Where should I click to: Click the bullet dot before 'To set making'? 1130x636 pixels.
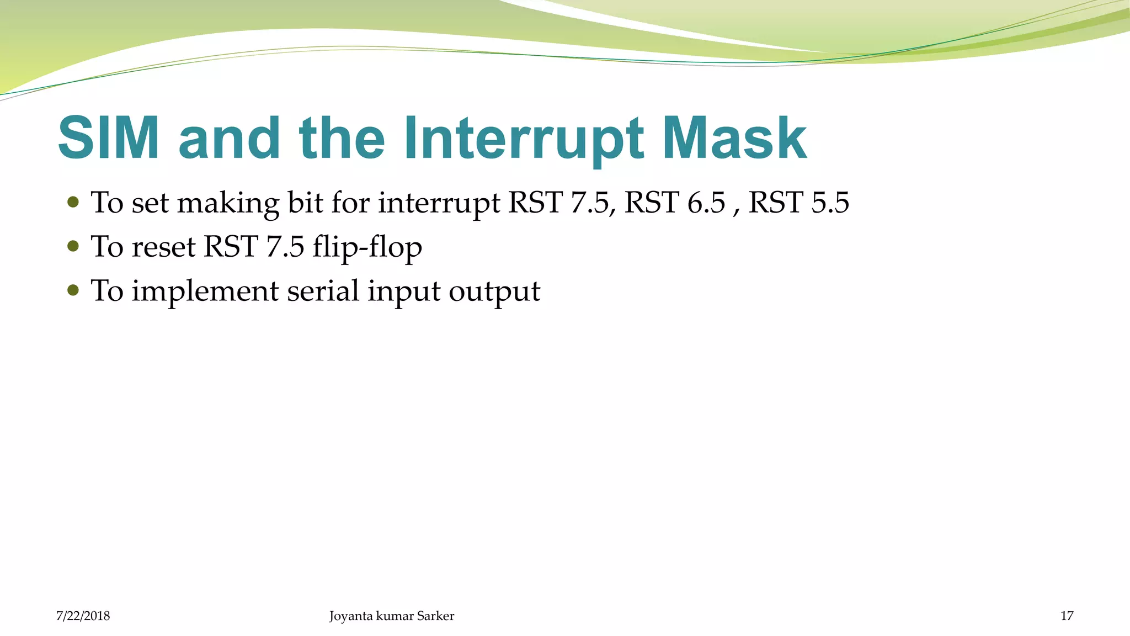73,202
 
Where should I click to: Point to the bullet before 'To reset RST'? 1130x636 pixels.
73,246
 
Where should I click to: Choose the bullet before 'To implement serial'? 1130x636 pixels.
73,290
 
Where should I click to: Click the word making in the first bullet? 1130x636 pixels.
228,203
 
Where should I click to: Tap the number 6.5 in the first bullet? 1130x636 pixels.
706,202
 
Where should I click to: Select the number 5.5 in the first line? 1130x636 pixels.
830,202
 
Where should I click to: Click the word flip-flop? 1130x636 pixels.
367,247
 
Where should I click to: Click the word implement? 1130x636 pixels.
205,291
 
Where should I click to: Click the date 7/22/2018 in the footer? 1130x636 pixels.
83,616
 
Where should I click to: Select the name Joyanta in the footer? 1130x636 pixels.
351,616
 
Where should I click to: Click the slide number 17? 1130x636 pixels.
1067,616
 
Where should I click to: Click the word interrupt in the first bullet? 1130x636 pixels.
439,203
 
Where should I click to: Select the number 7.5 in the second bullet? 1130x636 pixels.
285,246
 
